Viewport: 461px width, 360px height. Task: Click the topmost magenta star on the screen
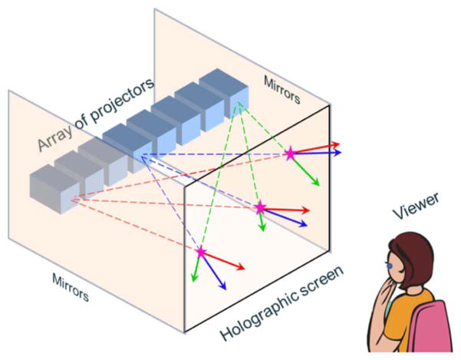point(290,154)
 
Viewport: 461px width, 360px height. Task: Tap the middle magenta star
point(260,207)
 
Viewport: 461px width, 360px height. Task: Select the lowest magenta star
point(201,251)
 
